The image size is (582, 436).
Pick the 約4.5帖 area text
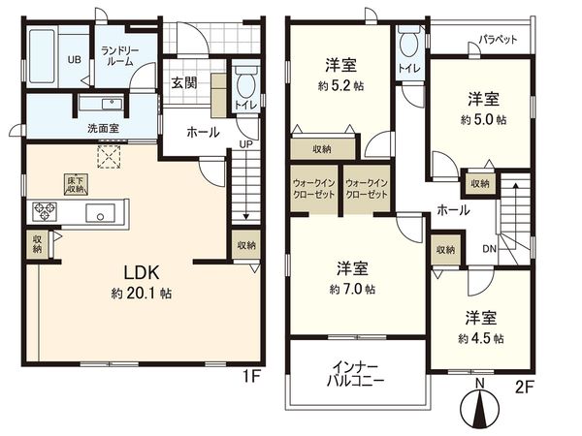pyautogui.click(x=482, y=338)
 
